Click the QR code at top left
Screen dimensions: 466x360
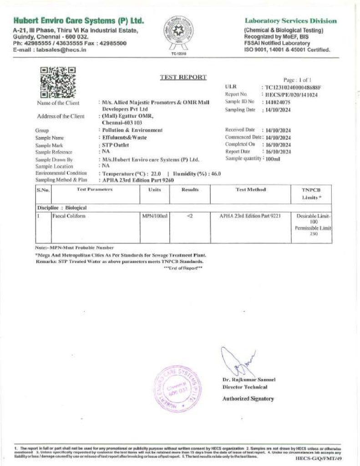58,82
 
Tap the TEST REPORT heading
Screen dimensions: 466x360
183,77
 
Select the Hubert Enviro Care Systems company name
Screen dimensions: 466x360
79,21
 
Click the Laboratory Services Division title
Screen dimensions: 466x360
291,21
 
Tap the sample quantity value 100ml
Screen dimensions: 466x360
272,159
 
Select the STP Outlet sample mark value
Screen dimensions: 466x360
116,145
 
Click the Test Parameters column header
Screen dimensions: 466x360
95,189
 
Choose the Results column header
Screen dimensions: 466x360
190,189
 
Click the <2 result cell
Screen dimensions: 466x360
190,216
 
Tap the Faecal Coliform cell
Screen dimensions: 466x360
69,216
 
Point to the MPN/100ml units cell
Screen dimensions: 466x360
155,216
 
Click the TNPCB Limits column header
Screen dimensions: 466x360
311,194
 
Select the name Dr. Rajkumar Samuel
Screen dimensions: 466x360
249,380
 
